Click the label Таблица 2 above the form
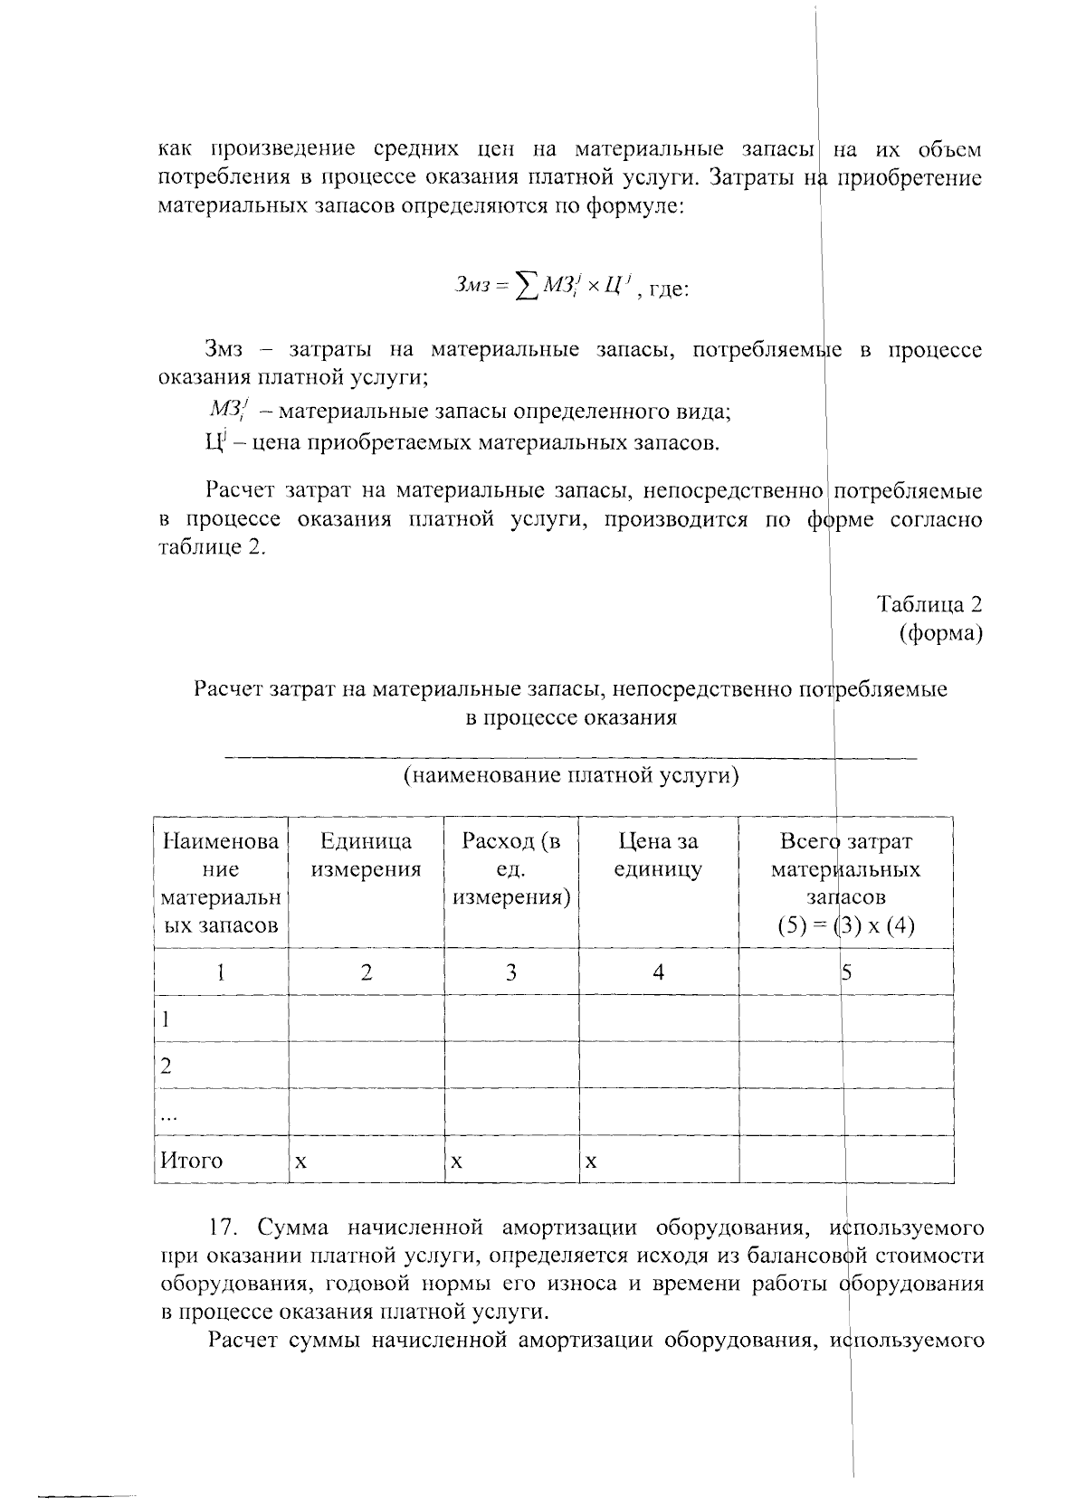coord(929,604)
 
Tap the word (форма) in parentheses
coord(940,633)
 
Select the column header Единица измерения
coord(366,856)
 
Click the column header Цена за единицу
coord(658,856)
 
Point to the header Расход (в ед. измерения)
coord(511,869)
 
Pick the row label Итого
coord(191,1161)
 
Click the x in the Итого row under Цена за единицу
coord(591,1161)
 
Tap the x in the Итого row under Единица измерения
coord(300,1161)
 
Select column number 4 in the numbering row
coord(658,972)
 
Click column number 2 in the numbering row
coord(366,972)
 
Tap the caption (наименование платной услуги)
coord(571,776)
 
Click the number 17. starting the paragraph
coord(226,1227)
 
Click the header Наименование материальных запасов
coord(221,884)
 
